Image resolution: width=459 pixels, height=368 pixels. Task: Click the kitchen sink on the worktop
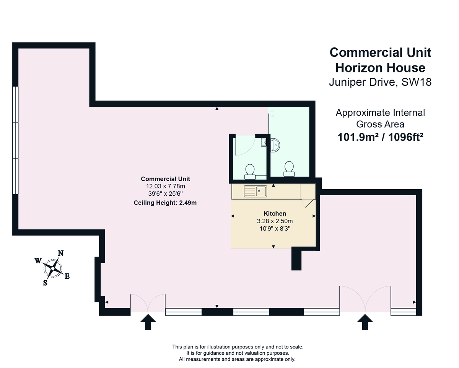pyautogui.click(x=256, y=190)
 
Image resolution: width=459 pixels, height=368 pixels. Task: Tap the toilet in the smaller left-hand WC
pyautogui.click(x=250, y=171)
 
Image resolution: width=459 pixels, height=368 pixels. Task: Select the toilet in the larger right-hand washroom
pyautogui.click(x=289, y=169)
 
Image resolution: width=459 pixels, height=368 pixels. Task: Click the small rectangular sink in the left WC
pyautogui.click(x=264, y=142)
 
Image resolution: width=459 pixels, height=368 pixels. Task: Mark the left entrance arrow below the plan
pyautogui.click(x=148, y=322)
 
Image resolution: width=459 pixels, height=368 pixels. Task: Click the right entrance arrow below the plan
pyautogui.click(x=365, y=322)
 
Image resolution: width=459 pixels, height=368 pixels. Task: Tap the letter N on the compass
pyautogui.click(x=60, y=253)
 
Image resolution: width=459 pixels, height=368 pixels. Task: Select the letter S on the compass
pyautogui.click(x=46, y=283)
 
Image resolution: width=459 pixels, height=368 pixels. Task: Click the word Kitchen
pyautogui.click(x=275, y=213)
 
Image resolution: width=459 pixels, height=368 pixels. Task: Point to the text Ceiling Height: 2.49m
pyautogui.click(x=165, y=203)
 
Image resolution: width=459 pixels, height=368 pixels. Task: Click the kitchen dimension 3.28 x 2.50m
pyautogui.click(x=275, y=221)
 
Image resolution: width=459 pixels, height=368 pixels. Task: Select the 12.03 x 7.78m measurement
pyautogui.click(x=165, y=186)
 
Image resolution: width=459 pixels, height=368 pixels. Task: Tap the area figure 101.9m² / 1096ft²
pyautogui.click(x=381, y=137)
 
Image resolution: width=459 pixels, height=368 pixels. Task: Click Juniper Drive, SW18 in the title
pyautogui.click(x=380, y=82)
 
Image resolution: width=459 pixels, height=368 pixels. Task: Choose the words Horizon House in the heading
pyautogui.click(x=380, y=67)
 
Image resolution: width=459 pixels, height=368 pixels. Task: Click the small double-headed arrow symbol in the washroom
pyautogui.click(x=272, y=113)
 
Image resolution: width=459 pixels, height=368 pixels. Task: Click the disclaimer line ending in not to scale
pyautogui.click(x=238, y=347)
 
